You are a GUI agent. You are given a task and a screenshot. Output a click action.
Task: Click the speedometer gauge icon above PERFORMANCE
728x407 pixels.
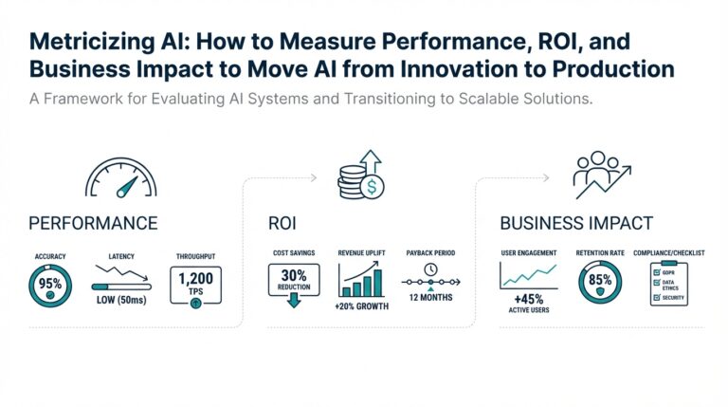click(x=119, y=177)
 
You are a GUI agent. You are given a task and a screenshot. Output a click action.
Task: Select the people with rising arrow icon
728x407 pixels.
click(x=604, y=175)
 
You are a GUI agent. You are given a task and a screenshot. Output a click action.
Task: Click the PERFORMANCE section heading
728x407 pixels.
click(x=93, y=224)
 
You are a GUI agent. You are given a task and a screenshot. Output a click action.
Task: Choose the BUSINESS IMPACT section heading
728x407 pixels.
click(x=575, y=224)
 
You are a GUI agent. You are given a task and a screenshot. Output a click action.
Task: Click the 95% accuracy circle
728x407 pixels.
click(x=49, y=285)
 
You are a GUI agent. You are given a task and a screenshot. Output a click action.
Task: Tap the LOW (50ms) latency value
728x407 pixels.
click(x=121, y=299)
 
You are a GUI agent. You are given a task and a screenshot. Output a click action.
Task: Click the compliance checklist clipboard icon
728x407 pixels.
click(x=668, y=285)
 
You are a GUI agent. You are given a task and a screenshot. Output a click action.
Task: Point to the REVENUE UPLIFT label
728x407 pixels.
click(x=360, y=254)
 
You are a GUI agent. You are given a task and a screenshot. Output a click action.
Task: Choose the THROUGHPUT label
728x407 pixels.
click(x=196, y=256)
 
